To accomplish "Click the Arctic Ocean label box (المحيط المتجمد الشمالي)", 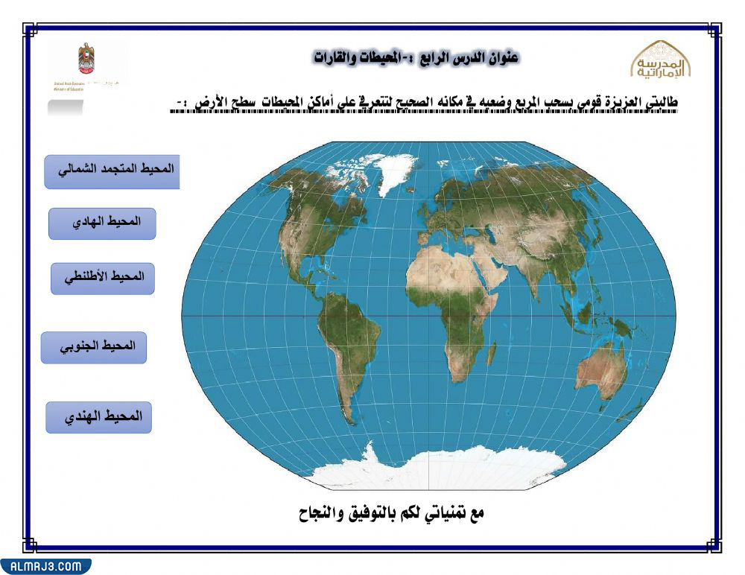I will pos(112,171).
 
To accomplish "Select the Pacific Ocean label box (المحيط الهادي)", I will pos(102,223).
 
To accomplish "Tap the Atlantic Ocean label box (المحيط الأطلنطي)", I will pos(103,279).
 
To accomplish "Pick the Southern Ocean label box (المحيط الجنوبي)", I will pos(94,348).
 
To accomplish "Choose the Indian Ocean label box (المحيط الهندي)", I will pos(98,417).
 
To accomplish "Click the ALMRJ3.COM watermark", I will pos(45,566).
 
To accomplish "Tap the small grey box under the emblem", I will pos(66,107).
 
